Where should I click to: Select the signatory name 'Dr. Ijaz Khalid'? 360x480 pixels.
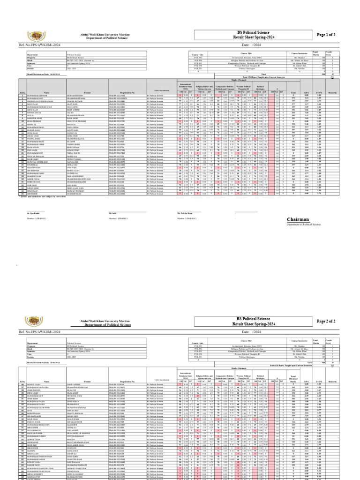34,213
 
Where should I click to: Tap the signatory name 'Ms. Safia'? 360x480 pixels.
113,213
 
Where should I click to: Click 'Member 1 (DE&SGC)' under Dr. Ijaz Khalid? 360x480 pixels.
37,218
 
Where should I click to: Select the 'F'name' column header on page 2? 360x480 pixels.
88,366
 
